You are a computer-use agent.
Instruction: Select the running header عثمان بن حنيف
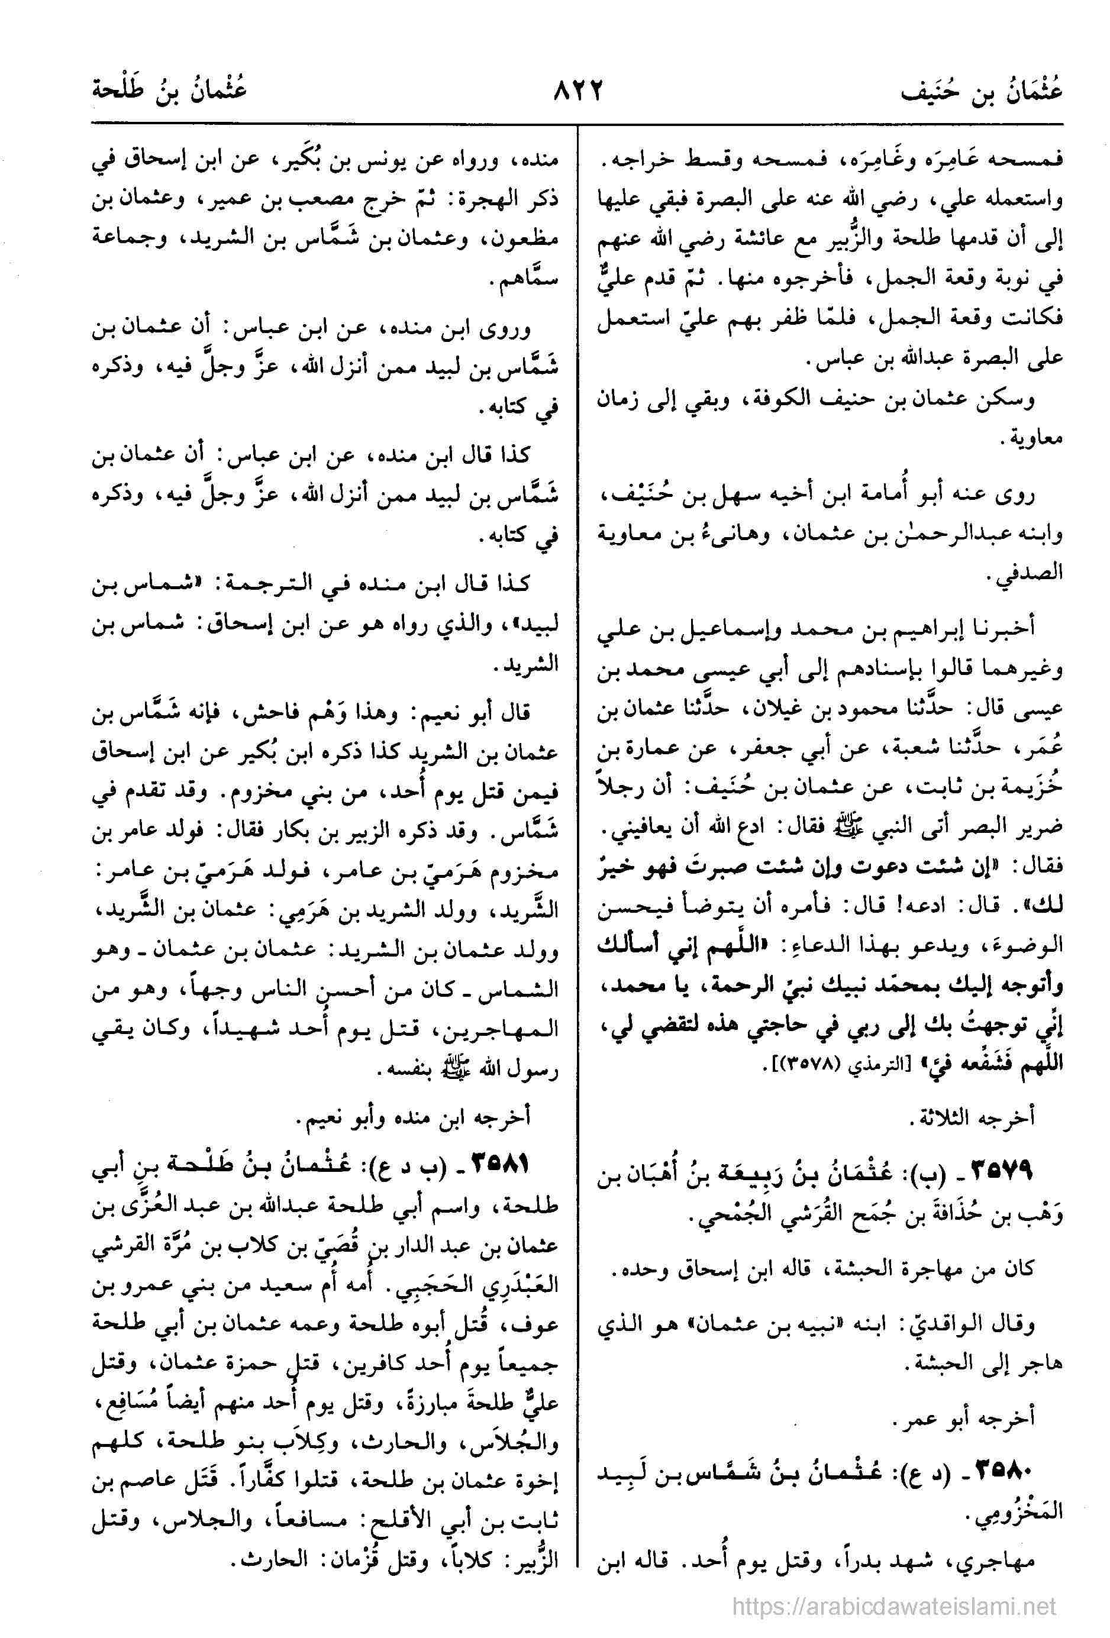coord(980,93)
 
